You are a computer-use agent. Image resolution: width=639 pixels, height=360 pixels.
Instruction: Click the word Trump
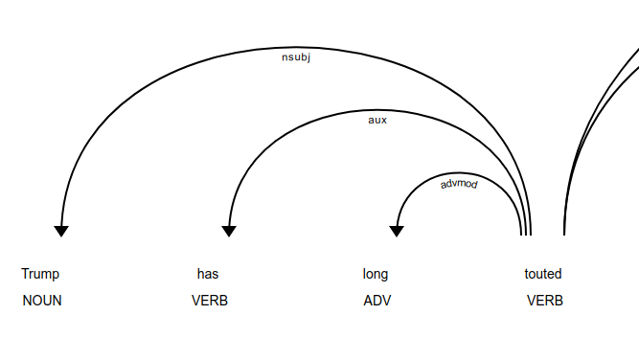(40, 274)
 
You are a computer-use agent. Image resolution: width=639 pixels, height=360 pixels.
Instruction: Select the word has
(208, 274)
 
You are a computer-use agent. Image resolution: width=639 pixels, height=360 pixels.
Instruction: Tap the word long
(376, 274)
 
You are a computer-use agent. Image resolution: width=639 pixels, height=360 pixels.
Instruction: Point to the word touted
(543, 274)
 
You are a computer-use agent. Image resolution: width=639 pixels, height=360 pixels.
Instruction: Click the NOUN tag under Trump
(42, 301)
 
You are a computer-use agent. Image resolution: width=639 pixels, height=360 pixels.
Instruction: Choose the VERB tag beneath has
(210, 301)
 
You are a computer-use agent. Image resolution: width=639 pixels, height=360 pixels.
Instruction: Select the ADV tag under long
(377, 301)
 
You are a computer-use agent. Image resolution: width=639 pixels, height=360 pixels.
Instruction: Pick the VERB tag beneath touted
(545, 301)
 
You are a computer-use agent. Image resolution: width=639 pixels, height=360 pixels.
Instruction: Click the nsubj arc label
(296, 57)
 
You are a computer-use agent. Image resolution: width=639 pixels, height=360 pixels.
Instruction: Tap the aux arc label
(377, 121)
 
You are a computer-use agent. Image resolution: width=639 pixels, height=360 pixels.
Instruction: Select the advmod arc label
(459, 183)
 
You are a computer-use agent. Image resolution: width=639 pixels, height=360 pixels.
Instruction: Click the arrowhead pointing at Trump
(61, 231)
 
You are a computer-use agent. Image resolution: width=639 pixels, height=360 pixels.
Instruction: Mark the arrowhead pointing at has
(229, 231)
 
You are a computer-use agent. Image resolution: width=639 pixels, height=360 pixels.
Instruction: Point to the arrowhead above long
(397, 231)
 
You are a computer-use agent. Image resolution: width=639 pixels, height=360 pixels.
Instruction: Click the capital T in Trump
(25, 274)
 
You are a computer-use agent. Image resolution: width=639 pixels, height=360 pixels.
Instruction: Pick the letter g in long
(384, 276)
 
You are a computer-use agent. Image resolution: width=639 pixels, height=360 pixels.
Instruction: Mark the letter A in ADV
(368, 301)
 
